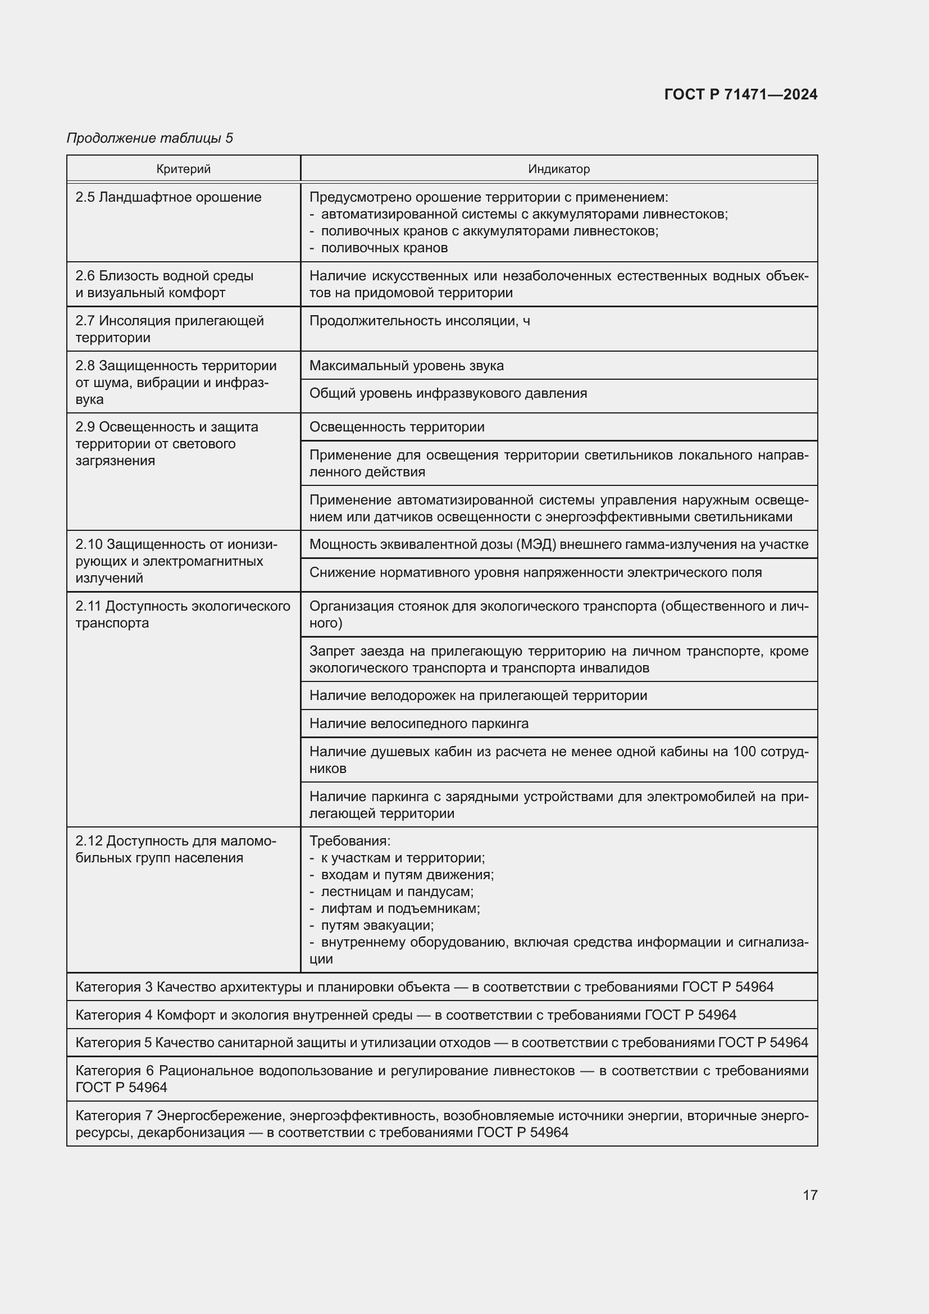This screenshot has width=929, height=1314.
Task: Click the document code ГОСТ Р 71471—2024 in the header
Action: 741,94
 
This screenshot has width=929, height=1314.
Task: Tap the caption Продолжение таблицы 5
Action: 150,138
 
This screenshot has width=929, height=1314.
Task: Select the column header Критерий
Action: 184,169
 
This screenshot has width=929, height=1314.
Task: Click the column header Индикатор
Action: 558,169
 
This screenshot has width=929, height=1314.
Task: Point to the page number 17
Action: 810,1195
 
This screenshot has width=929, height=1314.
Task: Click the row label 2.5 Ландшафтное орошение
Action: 168,197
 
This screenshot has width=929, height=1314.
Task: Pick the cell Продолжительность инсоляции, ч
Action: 420,321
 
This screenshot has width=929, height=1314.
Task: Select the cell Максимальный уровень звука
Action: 406,366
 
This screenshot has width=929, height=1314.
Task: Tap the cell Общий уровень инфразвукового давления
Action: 448,393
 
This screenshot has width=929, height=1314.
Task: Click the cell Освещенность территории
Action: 397,427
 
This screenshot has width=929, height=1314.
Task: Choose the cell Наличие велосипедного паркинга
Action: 419,724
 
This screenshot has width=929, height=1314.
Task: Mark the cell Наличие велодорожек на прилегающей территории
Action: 477,695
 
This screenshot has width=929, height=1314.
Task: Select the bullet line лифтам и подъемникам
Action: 400,908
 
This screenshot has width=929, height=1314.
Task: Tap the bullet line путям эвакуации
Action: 377,925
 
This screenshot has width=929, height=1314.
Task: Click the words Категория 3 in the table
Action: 114,986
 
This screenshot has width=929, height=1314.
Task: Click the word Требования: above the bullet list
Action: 349,842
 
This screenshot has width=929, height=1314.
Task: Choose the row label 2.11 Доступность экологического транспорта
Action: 183,614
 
